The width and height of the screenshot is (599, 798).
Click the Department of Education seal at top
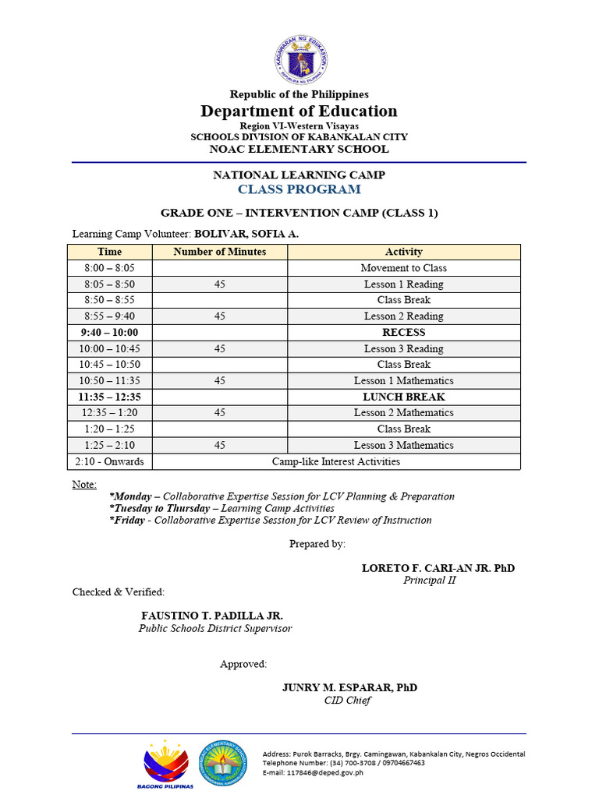click(x=300, y=60)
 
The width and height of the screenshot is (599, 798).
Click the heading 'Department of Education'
click(x=299, y=111)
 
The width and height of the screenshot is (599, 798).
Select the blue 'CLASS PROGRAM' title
click(x=299, y=189)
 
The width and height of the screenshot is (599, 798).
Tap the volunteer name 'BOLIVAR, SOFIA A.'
click(x=246, y=233)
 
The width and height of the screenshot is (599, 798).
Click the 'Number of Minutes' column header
click(x=219, y=252)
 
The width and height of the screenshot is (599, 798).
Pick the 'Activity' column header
click(x=403, y=252)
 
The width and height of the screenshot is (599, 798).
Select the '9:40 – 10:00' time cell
click(x=109, y=332)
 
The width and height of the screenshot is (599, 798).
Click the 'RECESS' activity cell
click(x=403, y=332)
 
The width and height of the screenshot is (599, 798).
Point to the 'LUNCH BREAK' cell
click(x=403, y=397)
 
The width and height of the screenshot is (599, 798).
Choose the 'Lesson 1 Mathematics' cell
click(x=403, y=380)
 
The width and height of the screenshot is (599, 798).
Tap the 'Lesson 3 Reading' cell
click(x=403, y=348)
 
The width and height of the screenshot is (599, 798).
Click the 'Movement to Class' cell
click(x=403, y=268)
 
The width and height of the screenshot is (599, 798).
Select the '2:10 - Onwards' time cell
click(x=109, y=461)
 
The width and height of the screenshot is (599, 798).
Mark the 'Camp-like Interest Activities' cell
click(x=335, y=461)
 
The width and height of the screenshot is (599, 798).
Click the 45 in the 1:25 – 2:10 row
click(x=219, y=445)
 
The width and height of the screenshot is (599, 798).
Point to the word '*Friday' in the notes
click(x=127, y=520)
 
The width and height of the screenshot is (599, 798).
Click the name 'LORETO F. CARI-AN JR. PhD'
click(x=438, y=568)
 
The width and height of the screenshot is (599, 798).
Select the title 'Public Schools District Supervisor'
click(x=215, y=628)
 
